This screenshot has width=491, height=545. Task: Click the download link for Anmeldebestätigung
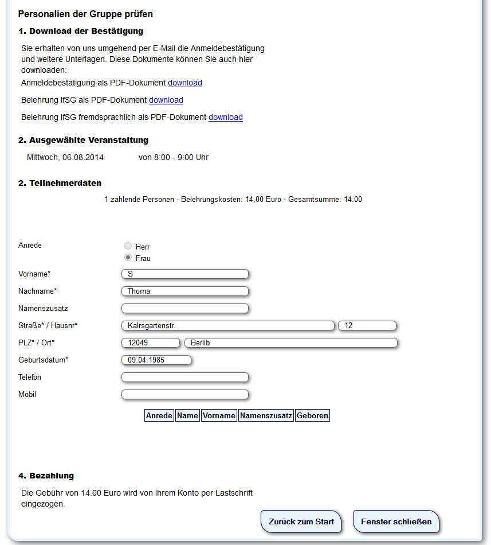pos(184,83)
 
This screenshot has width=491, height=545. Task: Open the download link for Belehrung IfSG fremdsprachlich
pos(225,117)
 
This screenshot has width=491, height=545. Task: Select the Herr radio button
pos(128,246)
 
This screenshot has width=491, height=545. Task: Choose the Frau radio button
pos(128,258)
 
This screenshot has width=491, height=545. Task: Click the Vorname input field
pos(185,274)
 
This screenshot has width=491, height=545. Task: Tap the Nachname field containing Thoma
pos(185,291)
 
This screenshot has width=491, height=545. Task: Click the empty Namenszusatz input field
pos(185,309)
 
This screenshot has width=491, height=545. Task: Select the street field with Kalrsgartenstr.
pos(227,326)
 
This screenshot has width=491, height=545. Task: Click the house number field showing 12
pos(367,326)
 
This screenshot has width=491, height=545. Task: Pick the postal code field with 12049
pos(151,343)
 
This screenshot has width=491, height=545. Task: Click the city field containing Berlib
pos(290,343)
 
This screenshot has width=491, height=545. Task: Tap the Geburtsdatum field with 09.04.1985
pos(156,360)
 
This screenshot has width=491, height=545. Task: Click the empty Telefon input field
pos(185,377)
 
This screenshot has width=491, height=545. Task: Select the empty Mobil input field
pos(185,395)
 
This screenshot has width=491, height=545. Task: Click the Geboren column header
pos(312,415)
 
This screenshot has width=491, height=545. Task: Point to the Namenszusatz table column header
pos(266,415)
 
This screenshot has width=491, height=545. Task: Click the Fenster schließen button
pos(395,521)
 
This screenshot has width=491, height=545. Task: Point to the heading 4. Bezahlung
pos(46,476)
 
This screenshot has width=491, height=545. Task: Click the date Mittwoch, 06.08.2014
pos(65,157)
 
